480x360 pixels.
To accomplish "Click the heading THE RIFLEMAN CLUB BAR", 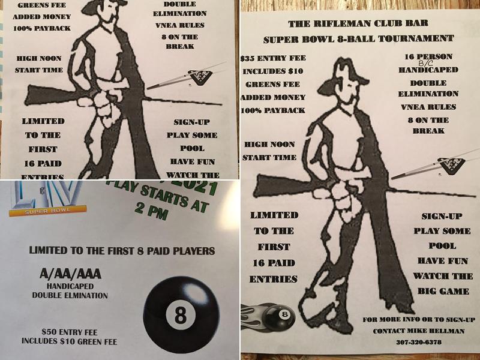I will (x=358, y=25).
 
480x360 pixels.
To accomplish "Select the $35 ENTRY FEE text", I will (x=272, y=59).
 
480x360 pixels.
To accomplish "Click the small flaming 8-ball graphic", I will (x=269, y=314).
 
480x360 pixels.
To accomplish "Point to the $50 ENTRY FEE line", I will (x=71, y=332).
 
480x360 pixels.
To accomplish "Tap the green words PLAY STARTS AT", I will (x=158, y=196).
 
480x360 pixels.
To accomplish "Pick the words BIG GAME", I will (x=443, y=291).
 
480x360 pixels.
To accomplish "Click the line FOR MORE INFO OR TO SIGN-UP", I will (x=419, y=319).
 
